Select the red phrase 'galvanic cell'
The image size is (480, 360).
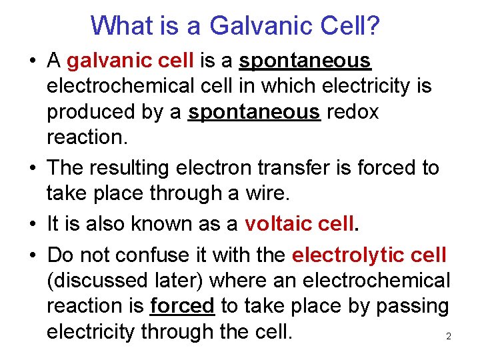[130, 61]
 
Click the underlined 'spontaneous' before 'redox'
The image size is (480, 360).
[254, 112]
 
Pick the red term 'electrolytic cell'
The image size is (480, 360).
[369, 255]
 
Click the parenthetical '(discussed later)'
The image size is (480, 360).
[133, 280]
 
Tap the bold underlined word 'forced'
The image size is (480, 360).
[182, 306]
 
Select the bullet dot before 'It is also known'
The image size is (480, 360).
[32, 224]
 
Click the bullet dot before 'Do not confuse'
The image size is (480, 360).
[32, 255]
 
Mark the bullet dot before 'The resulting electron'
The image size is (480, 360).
[32, 168]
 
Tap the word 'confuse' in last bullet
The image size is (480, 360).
[153, 255]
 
